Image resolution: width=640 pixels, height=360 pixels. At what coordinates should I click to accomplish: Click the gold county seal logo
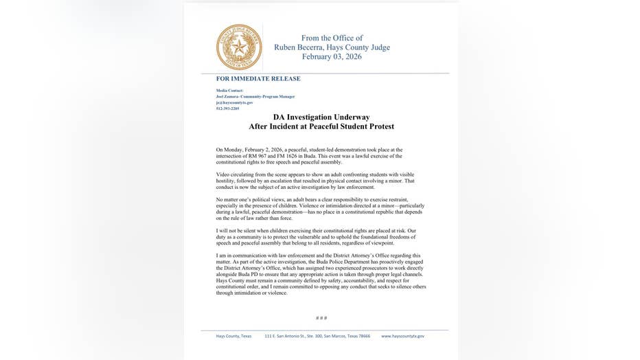[x=239, y=47]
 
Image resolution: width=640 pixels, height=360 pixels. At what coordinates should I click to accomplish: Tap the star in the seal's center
[x=239, y=47]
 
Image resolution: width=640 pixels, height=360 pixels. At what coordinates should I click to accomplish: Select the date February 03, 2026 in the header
[x=332, y=57]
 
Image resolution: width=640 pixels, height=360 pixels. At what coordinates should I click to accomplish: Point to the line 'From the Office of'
[x=332, y=38]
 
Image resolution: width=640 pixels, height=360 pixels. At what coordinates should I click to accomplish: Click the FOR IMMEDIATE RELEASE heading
[x=258, y=79]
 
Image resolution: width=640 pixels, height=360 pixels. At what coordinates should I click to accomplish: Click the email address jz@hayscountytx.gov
[x=234, y=102]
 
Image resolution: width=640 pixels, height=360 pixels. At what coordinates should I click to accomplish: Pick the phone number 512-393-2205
[x=228, y=108]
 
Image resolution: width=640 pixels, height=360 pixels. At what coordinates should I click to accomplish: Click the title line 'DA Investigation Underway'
[x=321, y=117]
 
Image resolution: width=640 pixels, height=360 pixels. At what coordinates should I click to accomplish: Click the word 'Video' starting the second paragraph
[x=222, y=175]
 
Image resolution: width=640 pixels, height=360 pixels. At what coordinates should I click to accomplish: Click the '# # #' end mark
[x=321, y=318]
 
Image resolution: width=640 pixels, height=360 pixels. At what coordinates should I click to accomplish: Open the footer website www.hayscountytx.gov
[x=402, y=336]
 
